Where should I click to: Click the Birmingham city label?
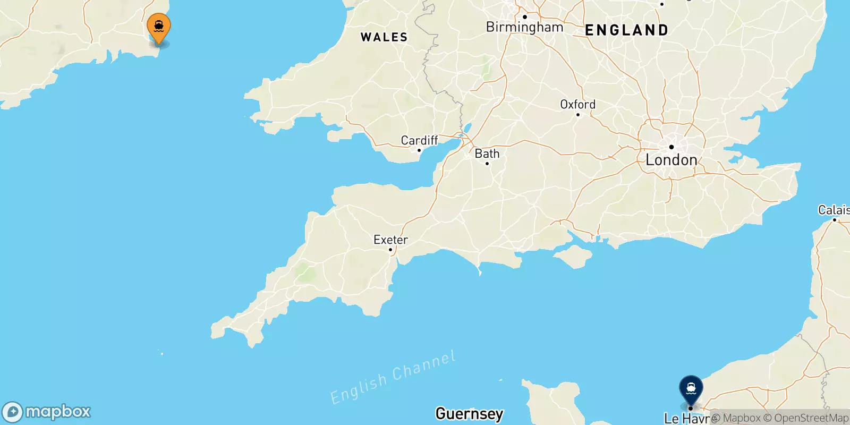coord(524,27)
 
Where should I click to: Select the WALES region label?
coord(384,37)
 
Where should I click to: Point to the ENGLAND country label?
coord(626,30)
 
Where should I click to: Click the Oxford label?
coord(577,104)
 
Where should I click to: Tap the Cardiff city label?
coord(419,140)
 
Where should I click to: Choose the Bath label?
coord(487,154)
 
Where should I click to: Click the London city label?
coord(671,160)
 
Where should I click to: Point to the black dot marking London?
coord(671,147)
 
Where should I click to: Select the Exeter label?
coord(390,240)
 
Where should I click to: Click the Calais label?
coord(834,210)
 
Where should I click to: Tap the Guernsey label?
coord(469,413)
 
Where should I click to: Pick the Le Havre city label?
coord(686,419)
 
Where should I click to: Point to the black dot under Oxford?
coord(578,114)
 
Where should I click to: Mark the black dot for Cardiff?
coord(419,150)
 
